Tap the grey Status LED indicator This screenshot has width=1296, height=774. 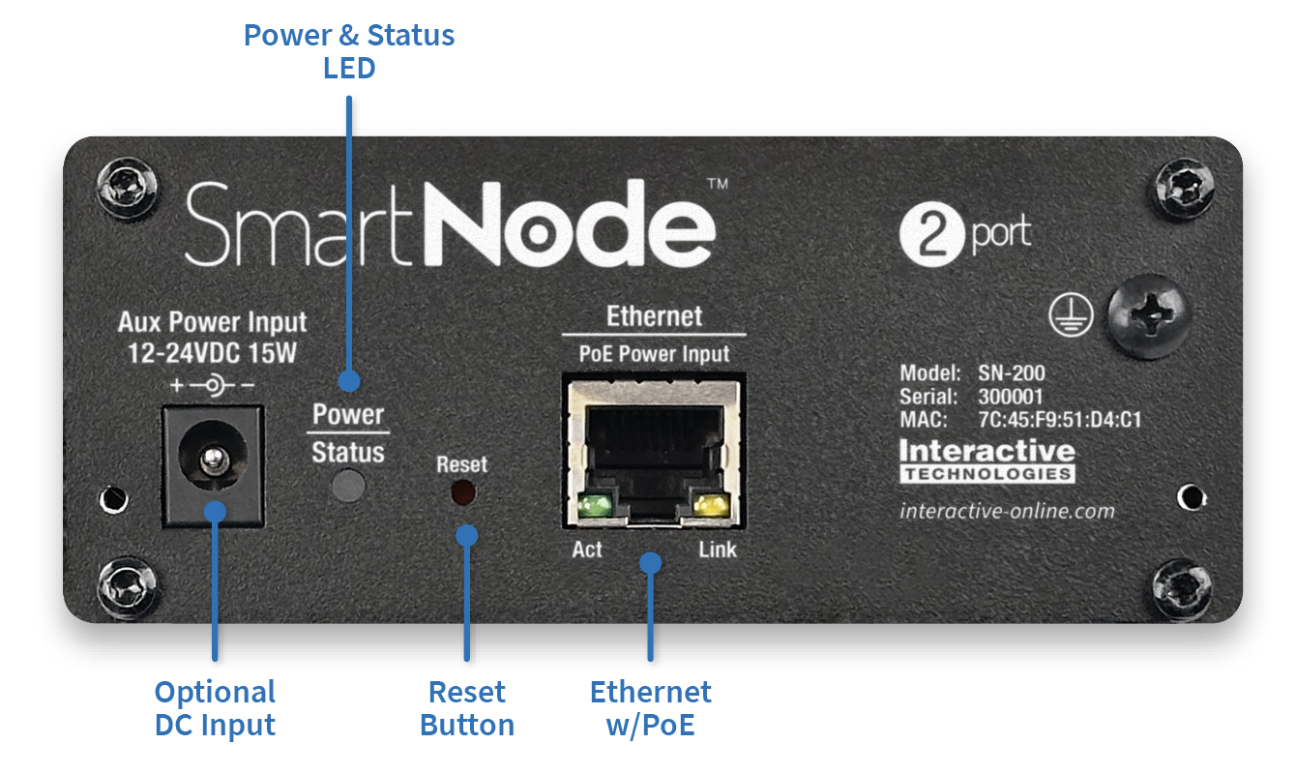click(x=348, y=486)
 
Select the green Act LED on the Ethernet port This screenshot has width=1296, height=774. click(x=593, y=504)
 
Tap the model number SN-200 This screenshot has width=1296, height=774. click(x=1011, y=373)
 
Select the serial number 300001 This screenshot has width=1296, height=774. click(x=1011, y=397)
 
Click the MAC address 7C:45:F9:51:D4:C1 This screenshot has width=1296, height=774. click(x=1060, y=420)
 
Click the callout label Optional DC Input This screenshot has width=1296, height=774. click(x=215, y=708)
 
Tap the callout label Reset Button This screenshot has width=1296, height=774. click(x=467, y=708)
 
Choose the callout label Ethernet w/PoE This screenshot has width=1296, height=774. click(x=651, y=708)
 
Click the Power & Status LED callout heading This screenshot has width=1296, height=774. click(x=349, y=51)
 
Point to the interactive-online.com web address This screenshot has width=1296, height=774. click(x=1007, y=511)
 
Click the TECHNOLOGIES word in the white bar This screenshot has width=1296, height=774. click(x=987, y=474)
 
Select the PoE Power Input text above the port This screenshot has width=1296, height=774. click(x=654, y=354)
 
